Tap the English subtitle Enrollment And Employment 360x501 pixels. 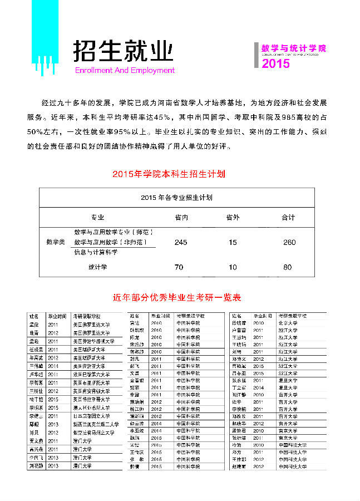pyautogui.click(x=125, y=71)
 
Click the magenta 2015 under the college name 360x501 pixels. pyautogui.click(x=275, y=64)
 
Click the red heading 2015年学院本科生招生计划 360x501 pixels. pyautogui.click(x=168, y=174)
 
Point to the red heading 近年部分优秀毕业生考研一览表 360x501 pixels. pyautogui.click(x=176, y=298)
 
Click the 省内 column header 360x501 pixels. pyautogui.click(x=181, y=217)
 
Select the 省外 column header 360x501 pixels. pyautogui.click(x=233, y=217)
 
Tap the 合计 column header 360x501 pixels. pyautogui.click(x=288, y=217)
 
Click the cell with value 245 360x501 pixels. pyautogui.click(x=181, y=242)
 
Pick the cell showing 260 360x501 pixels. pyautogui.click(x=289, y=242)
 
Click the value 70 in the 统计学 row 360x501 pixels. pyautogui.click(x=179, y=267)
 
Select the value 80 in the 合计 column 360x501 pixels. pyautogui.click(x=288, y=267)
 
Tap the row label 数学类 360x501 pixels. pyautogui.click(x=55, y=242)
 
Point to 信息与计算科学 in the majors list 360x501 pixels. pyautogui.click(x=95, y=252)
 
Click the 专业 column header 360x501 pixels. pyautogui.click(x=97, y=217)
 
